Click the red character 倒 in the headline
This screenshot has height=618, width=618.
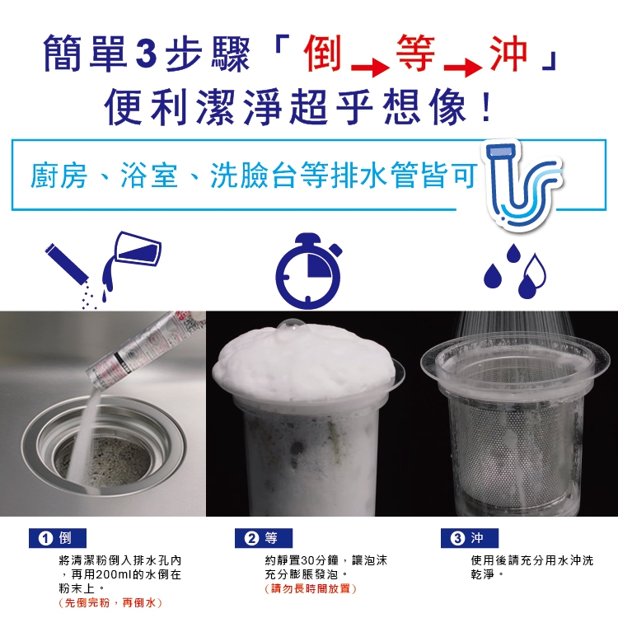tap(322, 54)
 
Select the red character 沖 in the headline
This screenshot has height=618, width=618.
tap(508, 54)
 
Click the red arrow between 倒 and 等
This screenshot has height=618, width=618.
tap(370, 68)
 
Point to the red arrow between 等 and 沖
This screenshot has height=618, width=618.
tap(463, 68)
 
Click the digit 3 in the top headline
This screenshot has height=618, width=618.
tap(146, 54)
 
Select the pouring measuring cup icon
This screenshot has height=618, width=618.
tap(131, 260)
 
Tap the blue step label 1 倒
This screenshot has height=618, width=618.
tap(58, 538)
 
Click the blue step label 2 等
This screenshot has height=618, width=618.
tap(264, 538)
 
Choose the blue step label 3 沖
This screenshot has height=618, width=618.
tap(470, 538)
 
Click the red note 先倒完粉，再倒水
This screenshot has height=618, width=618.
tap(110, 602)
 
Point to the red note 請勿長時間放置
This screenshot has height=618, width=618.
tap(311, 588)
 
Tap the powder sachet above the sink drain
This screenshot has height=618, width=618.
tap(146, 349)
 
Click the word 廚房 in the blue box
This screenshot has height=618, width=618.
tap(59, 175)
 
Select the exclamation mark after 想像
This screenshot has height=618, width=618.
tap(487, 107)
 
